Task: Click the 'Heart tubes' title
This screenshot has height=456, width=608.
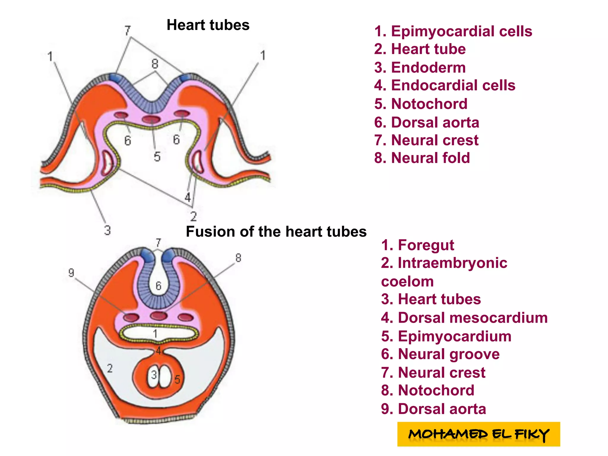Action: click(208, 25)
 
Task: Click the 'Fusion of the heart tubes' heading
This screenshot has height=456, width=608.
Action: click(276, 232)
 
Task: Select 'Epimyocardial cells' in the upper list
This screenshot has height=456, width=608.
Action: click(453, 31)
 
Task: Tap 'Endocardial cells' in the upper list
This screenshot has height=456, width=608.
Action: click(444, 85)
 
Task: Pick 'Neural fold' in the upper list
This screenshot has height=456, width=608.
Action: click(422, 158)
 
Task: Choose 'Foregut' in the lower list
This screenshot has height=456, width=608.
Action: click(417, 245)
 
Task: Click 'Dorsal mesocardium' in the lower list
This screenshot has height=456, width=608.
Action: click(464, 318)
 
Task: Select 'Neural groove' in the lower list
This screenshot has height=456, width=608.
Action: click(440, 354)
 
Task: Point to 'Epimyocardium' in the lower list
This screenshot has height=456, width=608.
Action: click(446, 336)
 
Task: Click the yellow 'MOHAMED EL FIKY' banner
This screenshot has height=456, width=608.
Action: click(478, 434)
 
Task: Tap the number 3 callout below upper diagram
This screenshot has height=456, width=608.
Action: click(107, 230)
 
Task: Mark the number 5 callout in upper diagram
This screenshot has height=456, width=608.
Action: click(157, 157)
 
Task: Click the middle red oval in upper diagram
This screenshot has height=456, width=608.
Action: click(151, 119)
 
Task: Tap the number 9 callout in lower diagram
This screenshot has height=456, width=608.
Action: click(71, 273)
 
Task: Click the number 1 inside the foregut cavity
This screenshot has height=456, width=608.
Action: click(155, 334)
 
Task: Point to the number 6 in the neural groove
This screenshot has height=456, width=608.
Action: click(158, 286)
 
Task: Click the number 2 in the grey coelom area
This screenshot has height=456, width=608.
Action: click(110, 368)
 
